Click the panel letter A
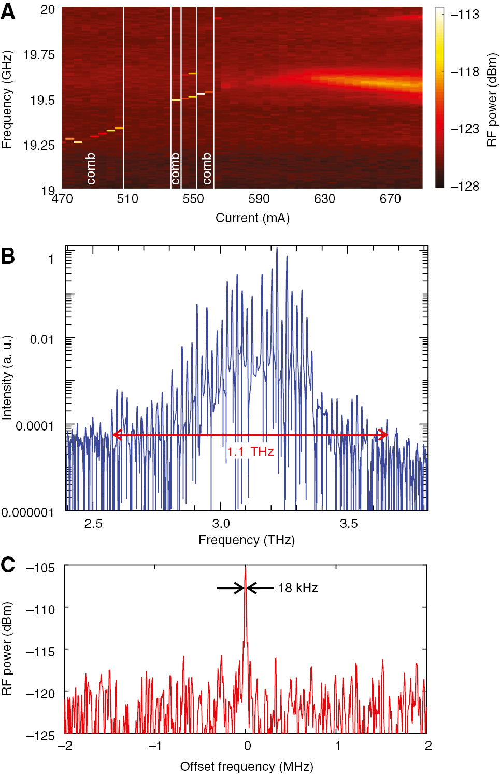8,11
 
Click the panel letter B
8,256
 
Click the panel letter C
8,565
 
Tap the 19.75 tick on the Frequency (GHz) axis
39,55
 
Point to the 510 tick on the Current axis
127,199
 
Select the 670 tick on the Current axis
390,199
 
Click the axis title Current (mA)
252,218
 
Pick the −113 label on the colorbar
464,15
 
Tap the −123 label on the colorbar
464,129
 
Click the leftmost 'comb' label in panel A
91,169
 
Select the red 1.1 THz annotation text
250,452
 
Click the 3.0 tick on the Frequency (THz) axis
221,524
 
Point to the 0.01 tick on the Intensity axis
42,340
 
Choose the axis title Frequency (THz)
247,540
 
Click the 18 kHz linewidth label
298,588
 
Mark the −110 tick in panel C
40,610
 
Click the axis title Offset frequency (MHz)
246,766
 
